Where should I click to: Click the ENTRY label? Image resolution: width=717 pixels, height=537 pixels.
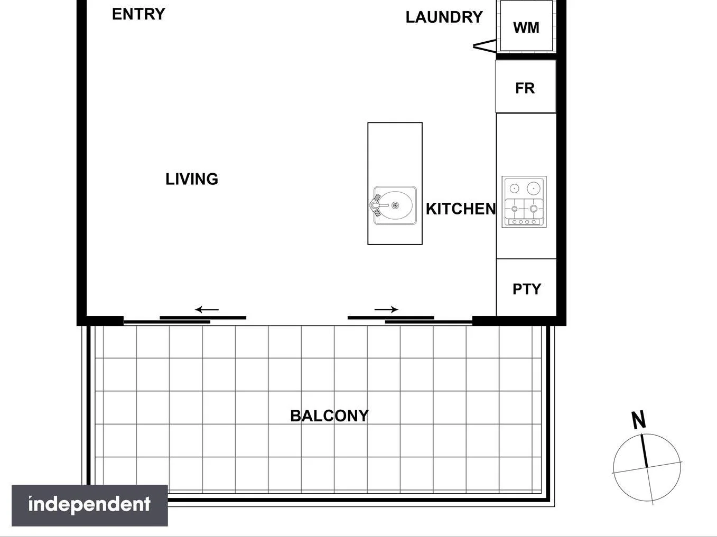point(138,14)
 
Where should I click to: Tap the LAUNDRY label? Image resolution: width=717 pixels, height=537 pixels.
point(444,17)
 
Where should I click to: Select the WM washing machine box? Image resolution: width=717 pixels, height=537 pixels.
point(526,27)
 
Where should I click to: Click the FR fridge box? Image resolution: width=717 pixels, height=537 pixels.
point(525,87)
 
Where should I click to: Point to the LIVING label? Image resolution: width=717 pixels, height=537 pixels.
point(192,180)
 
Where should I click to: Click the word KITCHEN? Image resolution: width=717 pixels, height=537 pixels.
point(461,209)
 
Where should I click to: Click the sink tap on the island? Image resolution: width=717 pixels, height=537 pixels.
point(376,205)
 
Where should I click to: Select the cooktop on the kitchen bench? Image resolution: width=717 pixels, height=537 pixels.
point(524,202)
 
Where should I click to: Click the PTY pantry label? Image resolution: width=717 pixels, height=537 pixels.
point(527,289)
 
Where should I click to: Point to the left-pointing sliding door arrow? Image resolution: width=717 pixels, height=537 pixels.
point(207,310)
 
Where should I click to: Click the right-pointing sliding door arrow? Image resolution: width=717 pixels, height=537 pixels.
point(386,309)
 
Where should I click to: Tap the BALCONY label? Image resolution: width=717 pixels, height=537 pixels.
point(329,416)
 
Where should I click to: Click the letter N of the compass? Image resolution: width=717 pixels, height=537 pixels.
point(639,420)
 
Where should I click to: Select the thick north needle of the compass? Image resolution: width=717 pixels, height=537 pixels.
point(645,450)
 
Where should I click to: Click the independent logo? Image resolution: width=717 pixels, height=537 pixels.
point(90,505)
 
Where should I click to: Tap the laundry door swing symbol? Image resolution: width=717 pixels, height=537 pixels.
point(484,47)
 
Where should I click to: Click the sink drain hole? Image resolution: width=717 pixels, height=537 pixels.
point(395,205)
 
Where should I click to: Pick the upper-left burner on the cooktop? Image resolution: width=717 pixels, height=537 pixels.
point(514,188)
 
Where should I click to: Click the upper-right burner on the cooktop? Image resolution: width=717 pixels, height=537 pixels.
point(534,188)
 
